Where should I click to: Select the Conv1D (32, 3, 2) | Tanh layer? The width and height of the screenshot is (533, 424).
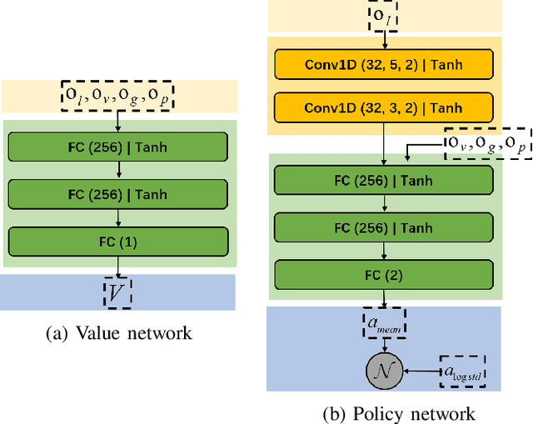click(x=384, y=107)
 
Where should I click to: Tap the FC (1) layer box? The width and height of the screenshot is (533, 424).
click(x=117, y=242)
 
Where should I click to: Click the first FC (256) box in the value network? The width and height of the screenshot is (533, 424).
click(x=117, y=147)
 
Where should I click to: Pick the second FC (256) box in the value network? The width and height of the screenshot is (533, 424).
click(x=117, y=194)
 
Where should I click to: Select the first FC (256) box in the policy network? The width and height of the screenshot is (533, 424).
click(x=384, y=181)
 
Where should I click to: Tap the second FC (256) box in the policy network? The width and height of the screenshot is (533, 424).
click(x=384, y=227)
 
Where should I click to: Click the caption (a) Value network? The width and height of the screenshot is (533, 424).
click(x=117, y=334)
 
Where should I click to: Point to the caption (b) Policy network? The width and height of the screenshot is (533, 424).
click(x=398, y=414)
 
